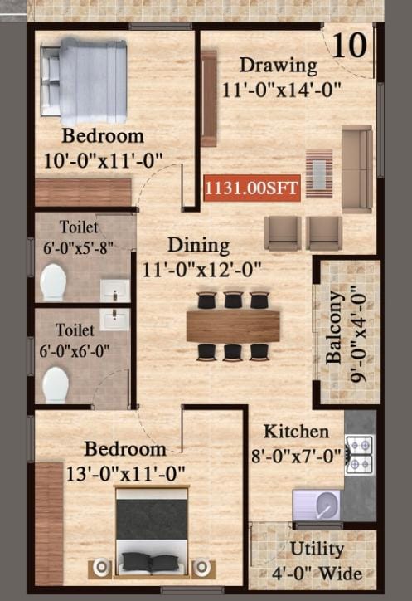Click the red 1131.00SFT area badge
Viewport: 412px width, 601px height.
click(x=251, y=188)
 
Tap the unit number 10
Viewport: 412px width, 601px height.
click(x=350, y=46)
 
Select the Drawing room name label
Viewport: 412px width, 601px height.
click(x=279, y=66)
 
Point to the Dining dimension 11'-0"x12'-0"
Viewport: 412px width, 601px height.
click(x=201, y=269)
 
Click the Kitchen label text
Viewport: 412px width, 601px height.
click(x=297, y=432)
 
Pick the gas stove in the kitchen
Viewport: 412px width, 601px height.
click(x=358, y=455)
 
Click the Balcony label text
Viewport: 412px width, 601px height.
click(x=334, y=327)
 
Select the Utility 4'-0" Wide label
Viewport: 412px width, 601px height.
click(x=317, y=561)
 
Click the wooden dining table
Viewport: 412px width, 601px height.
click(x=233, y=326)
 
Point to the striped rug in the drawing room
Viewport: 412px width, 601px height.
click(x=319, y=173)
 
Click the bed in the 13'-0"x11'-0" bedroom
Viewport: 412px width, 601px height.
click(x=152, y=531)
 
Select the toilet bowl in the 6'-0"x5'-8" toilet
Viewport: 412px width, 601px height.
click(x=53, y=281)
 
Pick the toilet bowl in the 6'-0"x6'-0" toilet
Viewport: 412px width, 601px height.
click(x=56, y=384)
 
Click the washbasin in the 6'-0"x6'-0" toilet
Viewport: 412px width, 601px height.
click(x=115, y=320)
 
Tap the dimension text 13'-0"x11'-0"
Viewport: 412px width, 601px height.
click(x=126, y=474)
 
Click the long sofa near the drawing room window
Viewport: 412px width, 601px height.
click(x=356, y=169)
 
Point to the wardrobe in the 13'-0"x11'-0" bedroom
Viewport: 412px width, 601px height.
click(x=49, y=524)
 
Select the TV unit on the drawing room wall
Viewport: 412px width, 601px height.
click(x=208, y=98)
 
